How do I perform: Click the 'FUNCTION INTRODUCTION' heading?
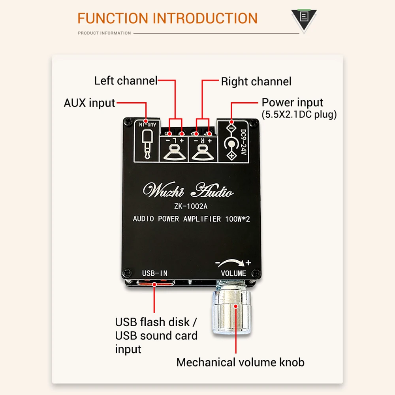(x=167, y=18)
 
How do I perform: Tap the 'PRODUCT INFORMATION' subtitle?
(x=104, y=33)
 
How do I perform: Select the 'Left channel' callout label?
(x=126, y=81)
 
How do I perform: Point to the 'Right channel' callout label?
(x=256, y=82)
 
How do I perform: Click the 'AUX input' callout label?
(x=89, y=103)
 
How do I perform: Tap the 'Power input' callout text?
(x=292, y=103)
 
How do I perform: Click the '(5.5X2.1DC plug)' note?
(x=299, y=115)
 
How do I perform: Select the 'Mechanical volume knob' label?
(x=240, y=362)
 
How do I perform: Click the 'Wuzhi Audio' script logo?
(x=188, y=191)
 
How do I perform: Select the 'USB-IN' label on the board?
(x=155, y=273)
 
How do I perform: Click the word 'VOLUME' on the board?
(x=233, y=273)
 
